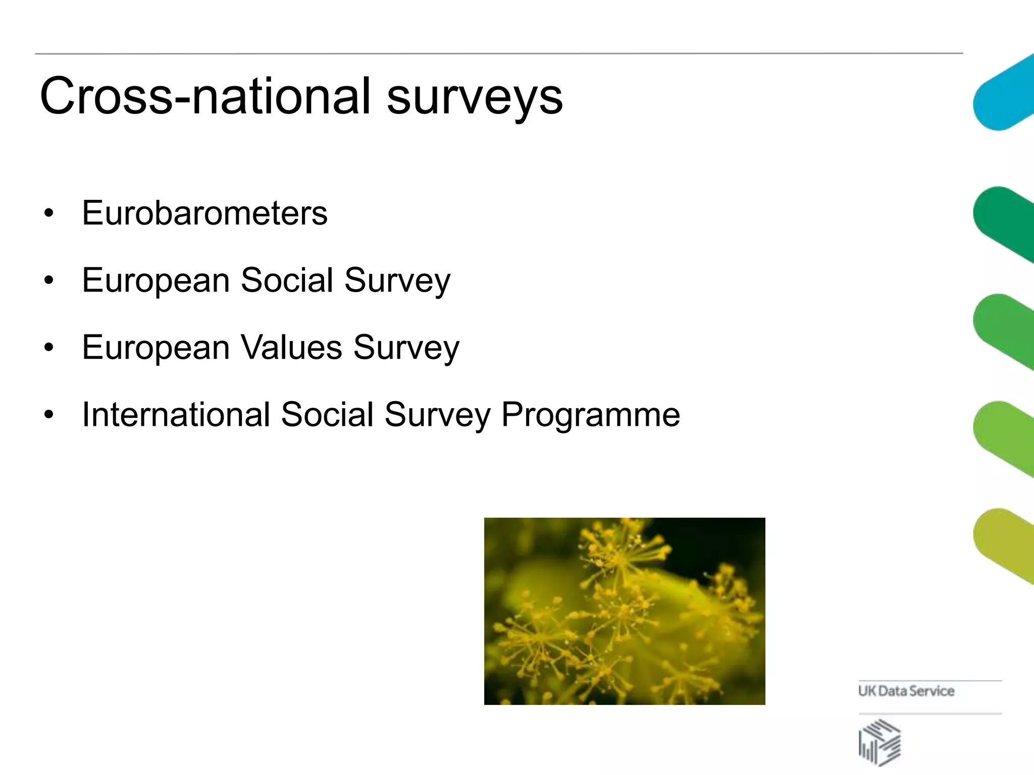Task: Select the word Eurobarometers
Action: (x=204, y=213)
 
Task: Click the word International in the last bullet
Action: (x=176, y=414)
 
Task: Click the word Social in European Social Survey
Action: (x=287, y=280)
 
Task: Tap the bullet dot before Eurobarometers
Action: (x=48, y=213)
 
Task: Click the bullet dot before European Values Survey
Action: (x=48, y=348)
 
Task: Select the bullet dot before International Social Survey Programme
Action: (x=48, y=415)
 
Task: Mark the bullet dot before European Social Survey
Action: (x=48, y=281)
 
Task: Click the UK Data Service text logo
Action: (x=906, y=691)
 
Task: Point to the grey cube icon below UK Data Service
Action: (x=880, y=742)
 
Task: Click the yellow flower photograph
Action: (x=625, y=611)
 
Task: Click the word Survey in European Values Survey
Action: (x=406, y=348)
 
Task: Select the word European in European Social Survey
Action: (x=156, y=281)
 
